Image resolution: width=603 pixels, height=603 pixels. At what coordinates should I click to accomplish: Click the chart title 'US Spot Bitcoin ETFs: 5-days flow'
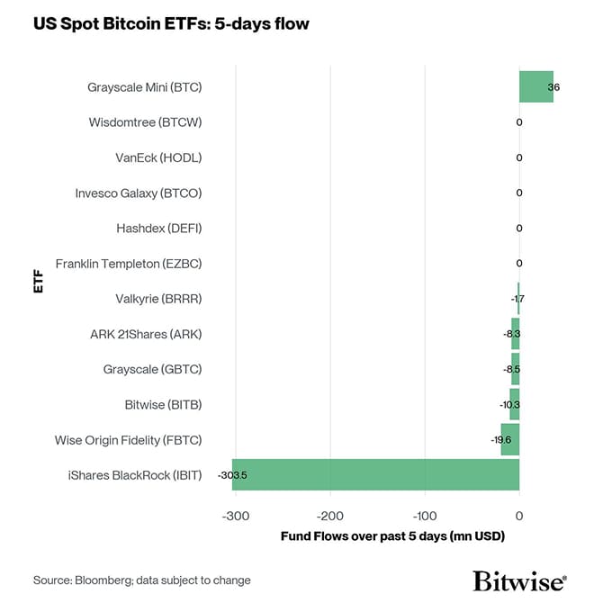[x=171, y=24]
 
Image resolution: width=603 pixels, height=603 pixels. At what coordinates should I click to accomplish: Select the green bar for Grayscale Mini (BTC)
[x=535, y=87]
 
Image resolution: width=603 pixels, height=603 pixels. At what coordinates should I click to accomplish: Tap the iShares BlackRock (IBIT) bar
[x=375, y=474]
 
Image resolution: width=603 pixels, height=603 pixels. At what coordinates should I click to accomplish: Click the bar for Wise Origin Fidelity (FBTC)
[x=510, y=439]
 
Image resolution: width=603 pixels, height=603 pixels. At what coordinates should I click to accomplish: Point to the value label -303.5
[x=232, y=475]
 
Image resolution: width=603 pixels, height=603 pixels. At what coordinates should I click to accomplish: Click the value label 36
[x=553, y=87]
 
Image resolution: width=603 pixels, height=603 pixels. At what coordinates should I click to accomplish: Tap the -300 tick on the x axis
[x=236, y=516]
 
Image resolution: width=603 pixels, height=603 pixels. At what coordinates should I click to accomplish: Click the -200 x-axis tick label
[x=330, y=516]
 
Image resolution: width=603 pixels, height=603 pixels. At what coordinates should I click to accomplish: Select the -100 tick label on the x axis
[x=425, y=516]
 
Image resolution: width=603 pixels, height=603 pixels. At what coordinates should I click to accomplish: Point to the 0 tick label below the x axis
[x=519, y=516]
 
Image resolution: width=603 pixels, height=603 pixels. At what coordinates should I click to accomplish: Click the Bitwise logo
[x=520, y=579]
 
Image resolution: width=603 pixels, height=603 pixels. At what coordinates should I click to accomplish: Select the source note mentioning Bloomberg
[x=142, y=580]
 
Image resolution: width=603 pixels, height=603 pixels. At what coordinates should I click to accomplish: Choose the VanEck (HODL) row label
[x=158, y=157]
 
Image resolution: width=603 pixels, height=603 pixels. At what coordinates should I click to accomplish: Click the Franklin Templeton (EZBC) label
[x=129, y=264]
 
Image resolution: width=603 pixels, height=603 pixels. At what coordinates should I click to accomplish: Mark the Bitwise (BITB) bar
[x=515, y=404]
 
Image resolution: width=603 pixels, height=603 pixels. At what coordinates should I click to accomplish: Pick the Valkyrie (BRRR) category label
[x=158, y=299]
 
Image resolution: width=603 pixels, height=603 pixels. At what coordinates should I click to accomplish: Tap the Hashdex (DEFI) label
[x=159, y=229]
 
